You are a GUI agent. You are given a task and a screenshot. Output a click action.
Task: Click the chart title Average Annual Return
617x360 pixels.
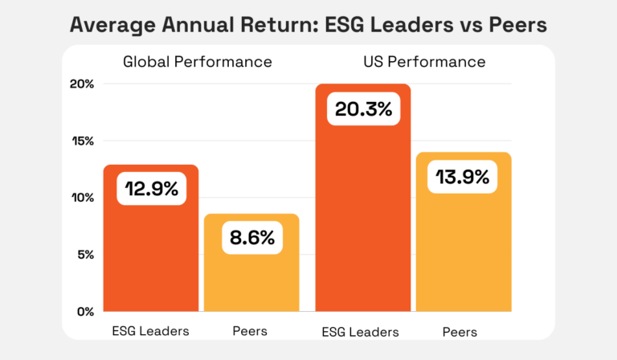[308, 25]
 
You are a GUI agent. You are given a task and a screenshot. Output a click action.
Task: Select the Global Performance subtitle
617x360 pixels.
[197, 62]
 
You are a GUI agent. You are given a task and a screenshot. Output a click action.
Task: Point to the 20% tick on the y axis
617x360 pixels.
[83, 84]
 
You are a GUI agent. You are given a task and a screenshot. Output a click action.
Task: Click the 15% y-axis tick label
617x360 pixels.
[83, 141]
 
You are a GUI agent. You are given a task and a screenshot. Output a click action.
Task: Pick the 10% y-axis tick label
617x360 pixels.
[83, 198]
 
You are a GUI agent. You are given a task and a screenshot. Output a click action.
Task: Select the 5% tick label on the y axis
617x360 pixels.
[85, 255]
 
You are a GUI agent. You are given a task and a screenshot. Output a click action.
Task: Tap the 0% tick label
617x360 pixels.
[85, 312]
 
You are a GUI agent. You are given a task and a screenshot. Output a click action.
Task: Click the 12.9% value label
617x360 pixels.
[152, 190]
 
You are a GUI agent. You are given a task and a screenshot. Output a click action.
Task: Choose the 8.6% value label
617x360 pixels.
[251, 238]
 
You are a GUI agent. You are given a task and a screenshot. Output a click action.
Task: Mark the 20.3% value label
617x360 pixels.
[363, 108]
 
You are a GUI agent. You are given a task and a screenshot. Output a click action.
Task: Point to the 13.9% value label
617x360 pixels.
[463, 177]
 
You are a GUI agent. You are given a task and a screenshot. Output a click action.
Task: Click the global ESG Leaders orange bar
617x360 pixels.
[151, 257]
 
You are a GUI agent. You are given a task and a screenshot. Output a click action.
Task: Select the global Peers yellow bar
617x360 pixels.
[251, 281]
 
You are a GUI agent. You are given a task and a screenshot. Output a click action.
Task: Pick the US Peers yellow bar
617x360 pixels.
[464, 249]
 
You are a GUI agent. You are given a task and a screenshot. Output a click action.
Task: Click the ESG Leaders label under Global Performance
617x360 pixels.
[151, 331]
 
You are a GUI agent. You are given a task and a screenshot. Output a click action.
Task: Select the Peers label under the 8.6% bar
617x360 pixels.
[250, 331]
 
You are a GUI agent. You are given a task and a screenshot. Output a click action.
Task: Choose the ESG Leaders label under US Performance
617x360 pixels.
[362, 331]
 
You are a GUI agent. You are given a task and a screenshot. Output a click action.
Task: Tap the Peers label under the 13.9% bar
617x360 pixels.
[460, 331]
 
